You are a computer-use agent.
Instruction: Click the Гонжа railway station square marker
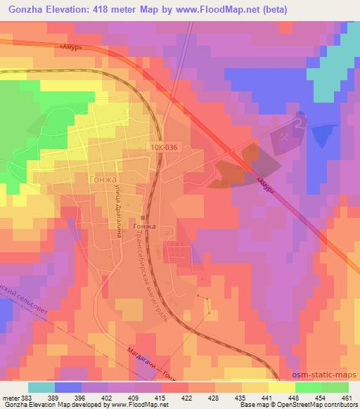[x=143, y=218]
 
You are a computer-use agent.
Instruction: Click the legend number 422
[x=187, y=398]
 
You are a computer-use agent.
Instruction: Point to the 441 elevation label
[x=266, y=398]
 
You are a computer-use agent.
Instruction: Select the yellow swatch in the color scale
[x=281, y=387]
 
